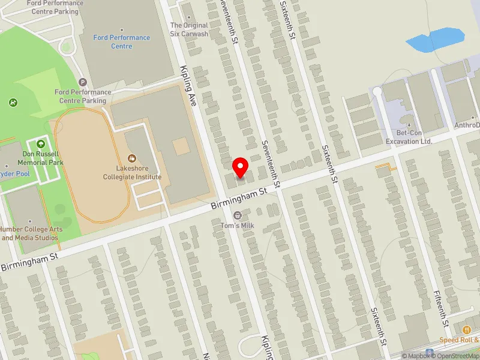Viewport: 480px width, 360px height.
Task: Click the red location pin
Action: point(241,167)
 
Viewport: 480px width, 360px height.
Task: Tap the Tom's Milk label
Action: point(238,225)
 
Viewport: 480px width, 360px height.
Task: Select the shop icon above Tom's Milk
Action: point(238,215)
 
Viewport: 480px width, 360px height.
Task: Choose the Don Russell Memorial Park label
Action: point(41,158)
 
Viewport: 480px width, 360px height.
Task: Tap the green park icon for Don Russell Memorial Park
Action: point(41,144)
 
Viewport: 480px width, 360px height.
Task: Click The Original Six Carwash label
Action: point(189,29)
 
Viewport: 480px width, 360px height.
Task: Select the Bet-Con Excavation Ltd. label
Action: point(409,137)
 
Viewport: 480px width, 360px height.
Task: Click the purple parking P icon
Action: point(83,82)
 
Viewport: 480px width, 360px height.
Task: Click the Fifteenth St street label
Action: point(442,308)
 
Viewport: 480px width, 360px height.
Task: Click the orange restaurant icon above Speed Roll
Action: point(466,329)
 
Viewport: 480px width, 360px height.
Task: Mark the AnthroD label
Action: point(467,125)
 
